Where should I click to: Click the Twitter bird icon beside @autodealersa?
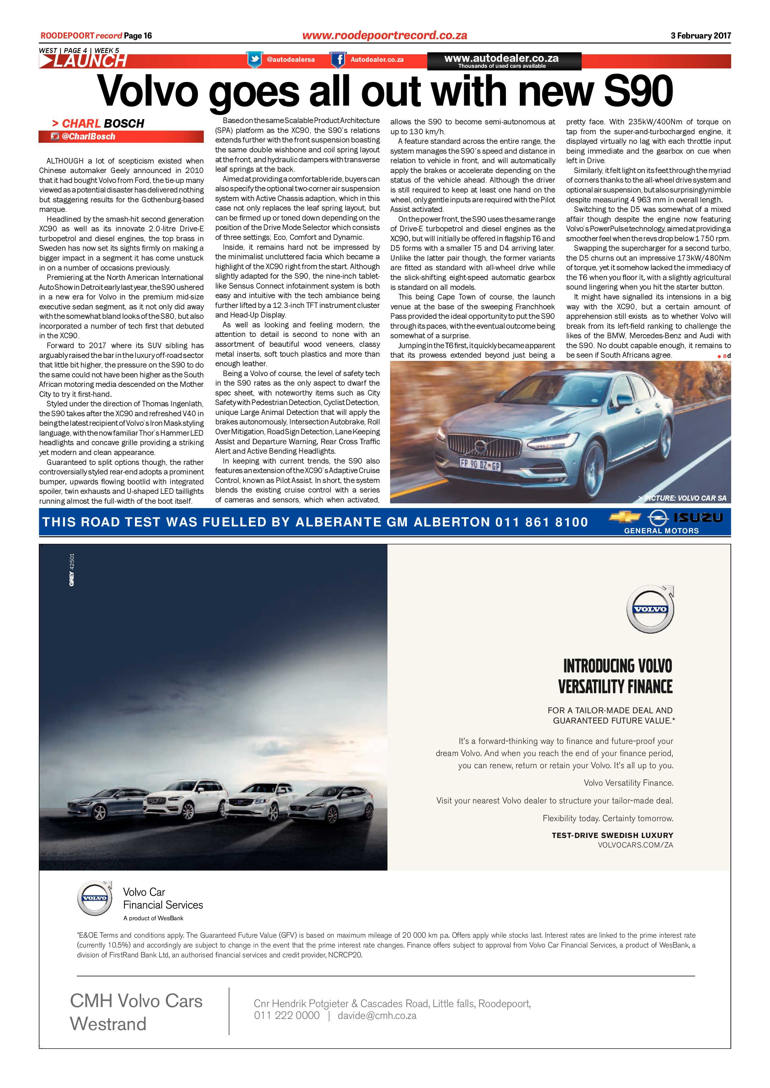tap(254, 60)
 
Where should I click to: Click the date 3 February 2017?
tap(700, 36)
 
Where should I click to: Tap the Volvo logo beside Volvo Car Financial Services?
tap(95, 898)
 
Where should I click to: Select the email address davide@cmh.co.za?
tap(377, 1016)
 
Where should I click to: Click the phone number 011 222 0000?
tap(286, 1016)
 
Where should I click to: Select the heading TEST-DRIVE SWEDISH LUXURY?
tap(612, 835)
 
